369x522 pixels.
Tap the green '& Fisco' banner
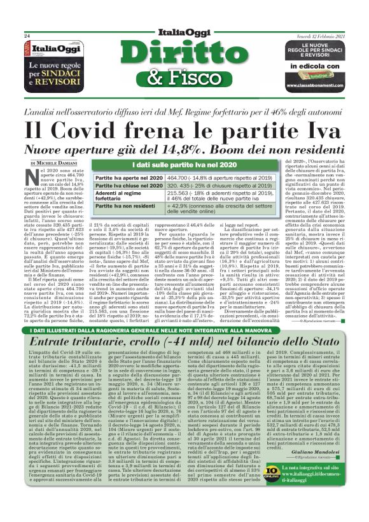[x=184, y=78]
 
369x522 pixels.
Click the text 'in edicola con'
[x=310, y=65]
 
